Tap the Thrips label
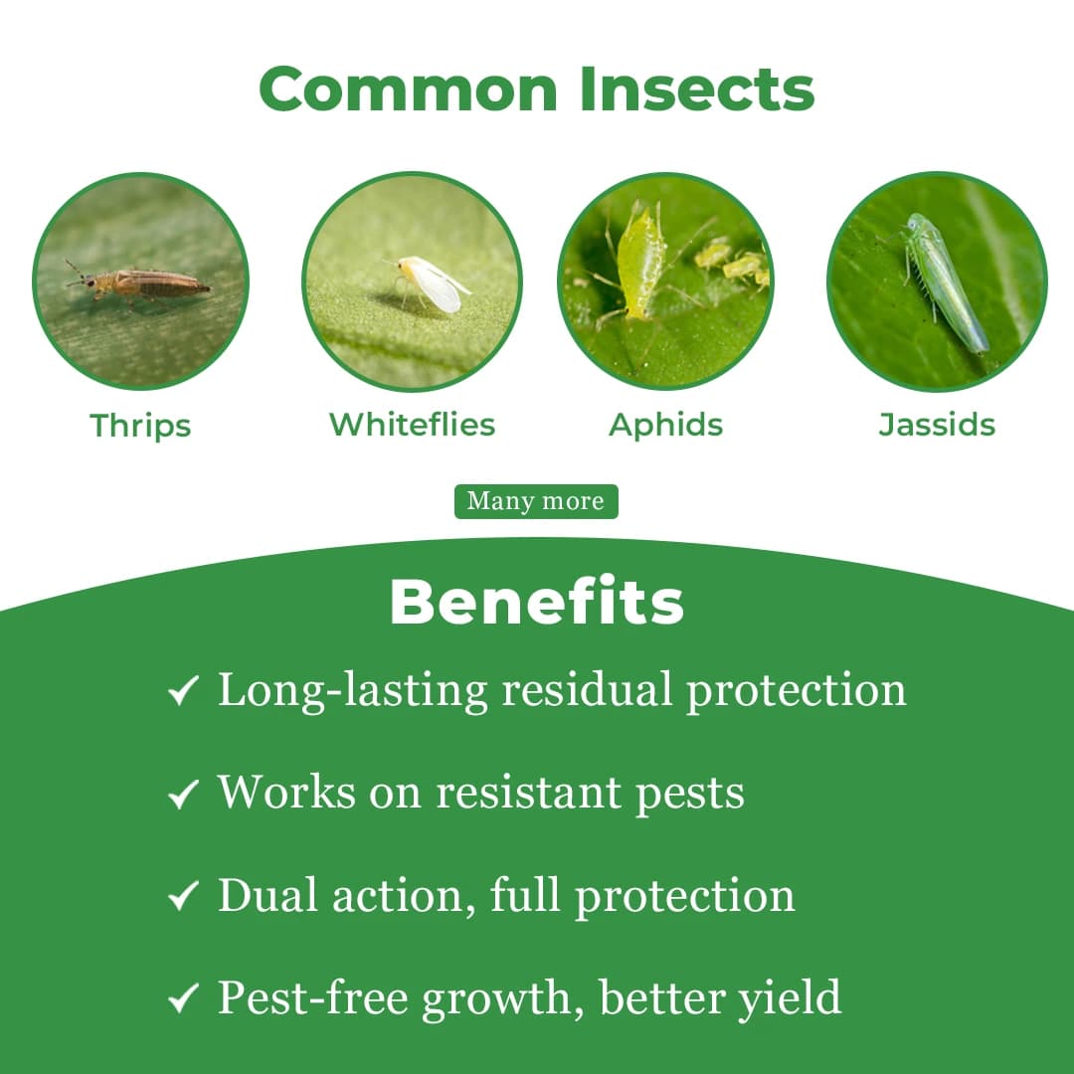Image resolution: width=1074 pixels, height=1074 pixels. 140,426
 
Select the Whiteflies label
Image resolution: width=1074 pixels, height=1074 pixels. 412,425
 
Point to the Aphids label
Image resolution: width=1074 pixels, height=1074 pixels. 665,425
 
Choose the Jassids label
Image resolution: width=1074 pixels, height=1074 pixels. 937,425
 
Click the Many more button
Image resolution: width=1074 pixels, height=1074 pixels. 536,501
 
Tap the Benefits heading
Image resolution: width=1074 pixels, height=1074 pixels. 536,603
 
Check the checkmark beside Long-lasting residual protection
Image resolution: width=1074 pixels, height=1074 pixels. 184,692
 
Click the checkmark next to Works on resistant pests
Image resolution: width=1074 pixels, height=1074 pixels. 184,795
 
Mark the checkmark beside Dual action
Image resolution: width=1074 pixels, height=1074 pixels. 184,897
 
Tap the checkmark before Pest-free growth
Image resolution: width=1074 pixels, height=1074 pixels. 184,999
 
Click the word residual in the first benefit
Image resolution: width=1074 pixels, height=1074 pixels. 587,690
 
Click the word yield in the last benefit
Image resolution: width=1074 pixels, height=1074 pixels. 789,998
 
